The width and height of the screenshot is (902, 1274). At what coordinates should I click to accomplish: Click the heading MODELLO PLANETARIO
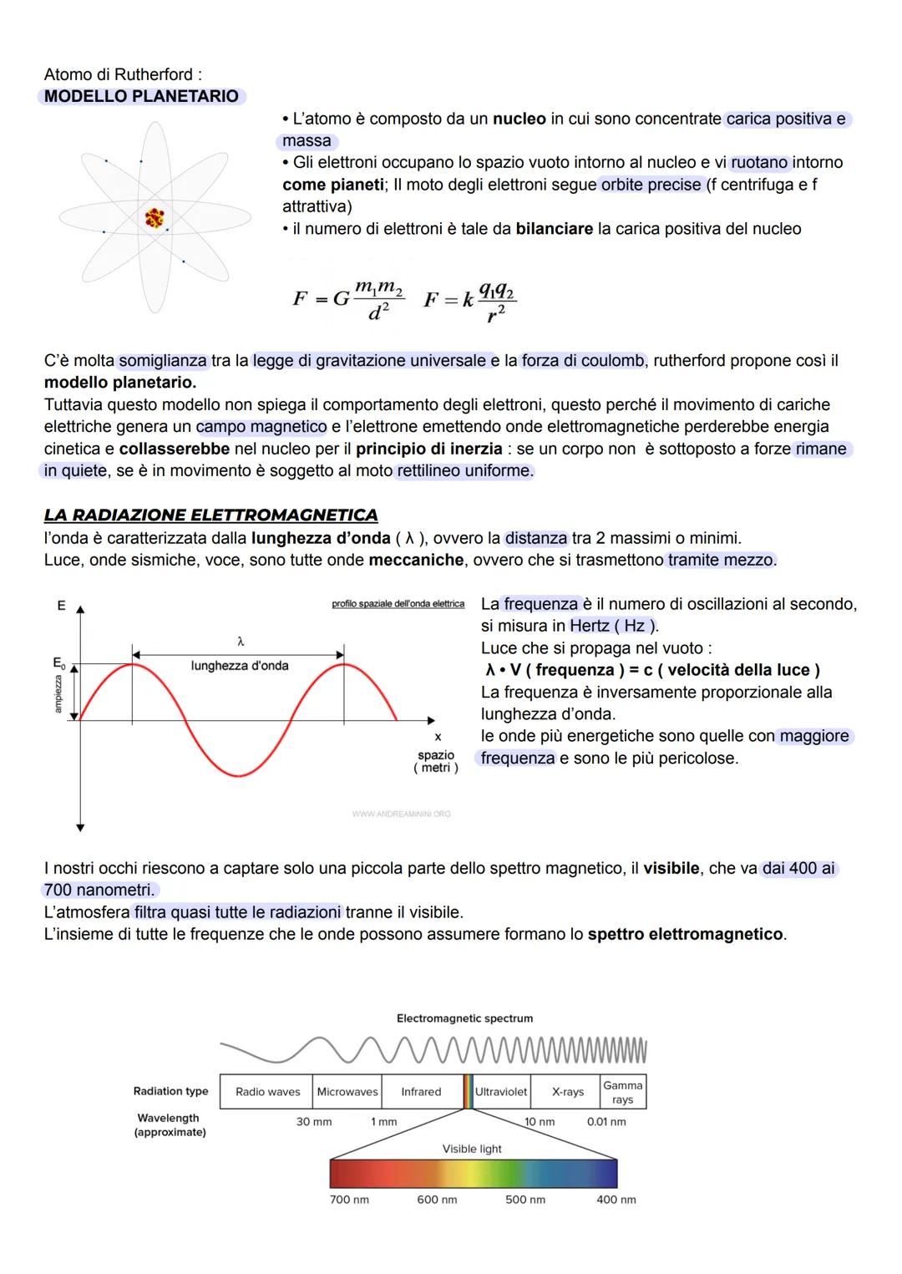141,96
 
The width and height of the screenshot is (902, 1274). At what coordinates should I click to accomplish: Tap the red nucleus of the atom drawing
155,218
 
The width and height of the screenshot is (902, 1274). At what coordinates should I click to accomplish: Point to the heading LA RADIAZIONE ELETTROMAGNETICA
210,515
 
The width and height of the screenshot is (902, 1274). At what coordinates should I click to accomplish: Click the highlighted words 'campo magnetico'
261,427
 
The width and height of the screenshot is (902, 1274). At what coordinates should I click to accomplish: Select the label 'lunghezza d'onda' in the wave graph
240,666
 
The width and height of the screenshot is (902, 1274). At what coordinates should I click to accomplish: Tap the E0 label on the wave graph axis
58,663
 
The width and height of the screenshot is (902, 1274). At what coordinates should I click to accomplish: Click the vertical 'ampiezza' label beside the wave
58,693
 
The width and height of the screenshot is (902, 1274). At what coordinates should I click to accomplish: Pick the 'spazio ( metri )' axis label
436,761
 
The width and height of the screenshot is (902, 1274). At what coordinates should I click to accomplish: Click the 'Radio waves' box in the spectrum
267,1092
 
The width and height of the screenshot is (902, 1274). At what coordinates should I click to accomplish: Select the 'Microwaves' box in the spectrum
347,1092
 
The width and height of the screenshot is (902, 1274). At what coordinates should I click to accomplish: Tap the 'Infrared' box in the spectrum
421,1092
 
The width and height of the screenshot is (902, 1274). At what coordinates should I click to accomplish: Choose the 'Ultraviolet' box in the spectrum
501,1092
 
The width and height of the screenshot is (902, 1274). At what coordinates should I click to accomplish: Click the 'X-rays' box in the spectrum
568,1092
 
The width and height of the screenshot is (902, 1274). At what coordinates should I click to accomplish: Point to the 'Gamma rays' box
623,1092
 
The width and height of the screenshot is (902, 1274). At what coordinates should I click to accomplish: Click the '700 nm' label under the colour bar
349,1200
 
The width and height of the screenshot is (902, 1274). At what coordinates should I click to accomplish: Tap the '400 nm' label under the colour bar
616,1200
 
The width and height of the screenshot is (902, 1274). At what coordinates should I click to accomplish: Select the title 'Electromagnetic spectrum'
464,1018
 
